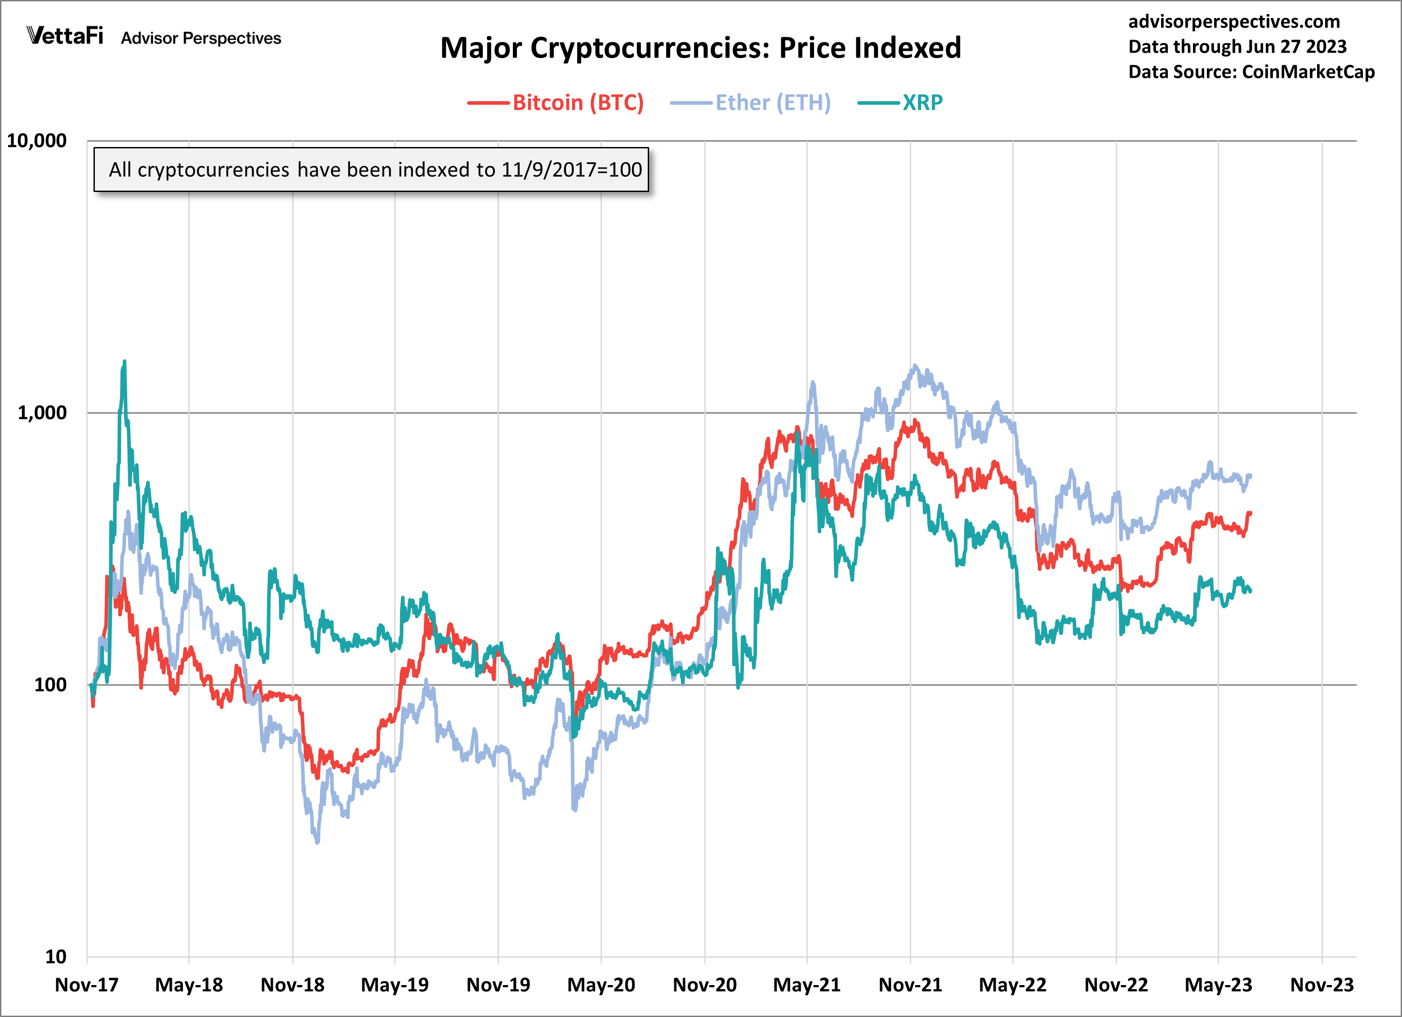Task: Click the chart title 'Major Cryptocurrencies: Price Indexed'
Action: point(700,48)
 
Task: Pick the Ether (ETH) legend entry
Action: point(773,103)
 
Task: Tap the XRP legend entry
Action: point(922,103)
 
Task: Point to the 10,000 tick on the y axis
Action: point(36,141)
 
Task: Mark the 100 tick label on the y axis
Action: point(50,685)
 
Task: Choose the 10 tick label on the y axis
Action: point(56,957)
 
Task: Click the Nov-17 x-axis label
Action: point(87,985)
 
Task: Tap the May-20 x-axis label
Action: point(601,985)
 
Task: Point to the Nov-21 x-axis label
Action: point(910,985)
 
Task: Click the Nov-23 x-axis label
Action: point(1322,985)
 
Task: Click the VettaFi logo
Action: point(65,36)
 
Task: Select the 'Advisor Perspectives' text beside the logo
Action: point(201,38)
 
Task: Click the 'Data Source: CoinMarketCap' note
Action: point(1251,72)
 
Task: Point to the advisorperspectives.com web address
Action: point(1234,22)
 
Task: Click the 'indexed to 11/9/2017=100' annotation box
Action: point(371,169)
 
